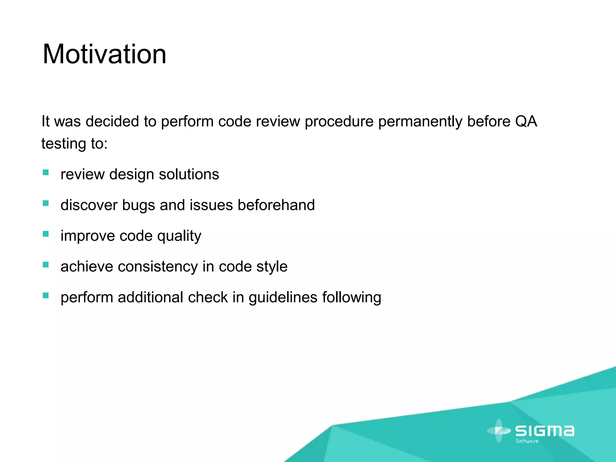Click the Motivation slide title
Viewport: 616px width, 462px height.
104,54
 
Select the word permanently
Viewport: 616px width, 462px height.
420,122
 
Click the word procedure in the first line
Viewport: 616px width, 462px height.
339,122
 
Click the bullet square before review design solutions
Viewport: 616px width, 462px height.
46,172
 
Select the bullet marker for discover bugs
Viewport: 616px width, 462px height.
46,203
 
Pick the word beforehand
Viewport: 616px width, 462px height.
276,205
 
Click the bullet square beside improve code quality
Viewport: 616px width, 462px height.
46,234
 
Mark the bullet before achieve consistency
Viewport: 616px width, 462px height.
46,265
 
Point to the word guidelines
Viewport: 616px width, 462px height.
283,297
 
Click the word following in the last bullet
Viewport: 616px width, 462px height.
352,297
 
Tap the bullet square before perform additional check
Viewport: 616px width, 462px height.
46,295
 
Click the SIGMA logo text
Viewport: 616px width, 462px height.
545,431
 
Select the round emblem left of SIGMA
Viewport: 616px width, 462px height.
499,431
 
